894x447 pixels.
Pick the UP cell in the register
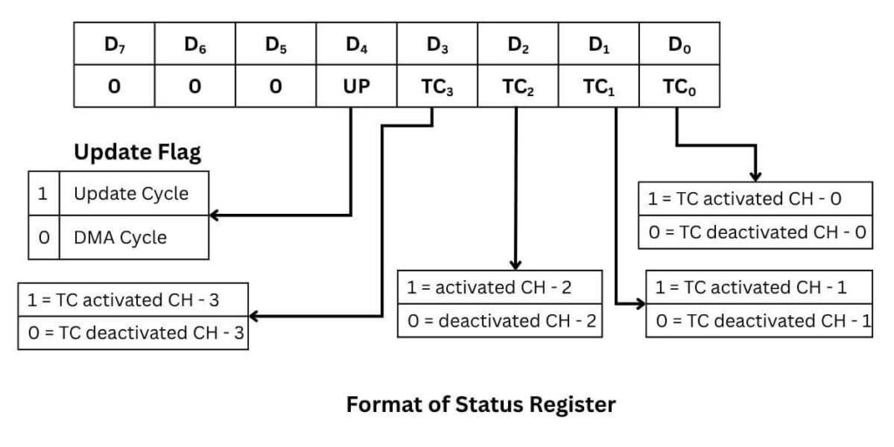(356, 87)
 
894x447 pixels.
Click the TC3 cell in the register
(437, 87)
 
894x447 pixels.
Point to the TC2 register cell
(518, 87)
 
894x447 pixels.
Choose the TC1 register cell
(599, 87)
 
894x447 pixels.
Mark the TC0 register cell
(680, 87)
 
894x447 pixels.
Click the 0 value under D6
(195, 87)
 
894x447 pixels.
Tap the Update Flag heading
(137, 153)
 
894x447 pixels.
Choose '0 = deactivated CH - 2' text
(501, 321)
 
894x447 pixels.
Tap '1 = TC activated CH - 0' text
(748, 199)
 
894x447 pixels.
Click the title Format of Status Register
(481, 405)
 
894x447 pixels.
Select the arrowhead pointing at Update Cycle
(215, 214)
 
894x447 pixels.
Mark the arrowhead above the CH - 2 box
(516, 265)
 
